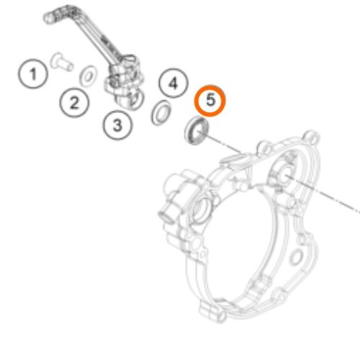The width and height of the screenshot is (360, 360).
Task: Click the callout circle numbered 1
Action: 33,73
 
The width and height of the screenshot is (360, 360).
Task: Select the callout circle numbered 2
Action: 74,103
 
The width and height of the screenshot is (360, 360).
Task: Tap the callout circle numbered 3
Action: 117,125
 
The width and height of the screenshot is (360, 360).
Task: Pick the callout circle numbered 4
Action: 174,83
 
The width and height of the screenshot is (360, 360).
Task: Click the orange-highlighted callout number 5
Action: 210,100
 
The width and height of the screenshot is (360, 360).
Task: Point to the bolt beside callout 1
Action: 61,62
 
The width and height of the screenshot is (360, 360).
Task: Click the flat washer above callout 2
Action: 89,76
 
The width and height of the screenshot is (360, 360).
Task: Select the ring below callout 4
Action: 161,112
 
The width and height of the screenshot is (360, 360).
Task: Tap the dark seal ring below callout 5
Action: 197,130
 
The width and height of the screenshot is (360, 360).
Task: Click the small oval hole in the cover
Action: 296,257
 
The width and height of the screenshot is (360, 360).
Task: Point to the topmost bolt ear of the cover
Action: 312,137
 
